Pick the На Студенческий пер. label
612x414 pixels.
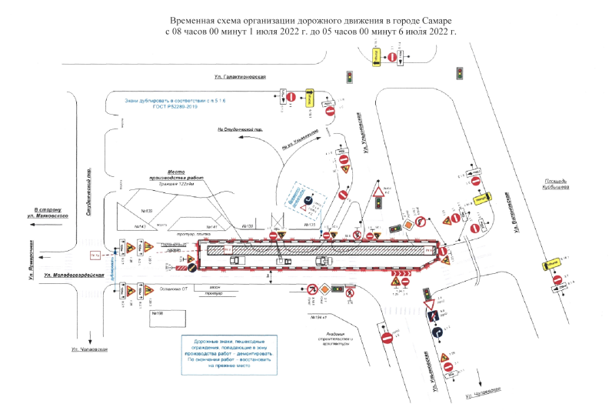click(x=235, y=131)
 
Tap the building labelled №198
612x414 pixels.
click(x=158, y=312)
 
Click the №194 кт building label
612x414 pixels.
click(x=317, y=317)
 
